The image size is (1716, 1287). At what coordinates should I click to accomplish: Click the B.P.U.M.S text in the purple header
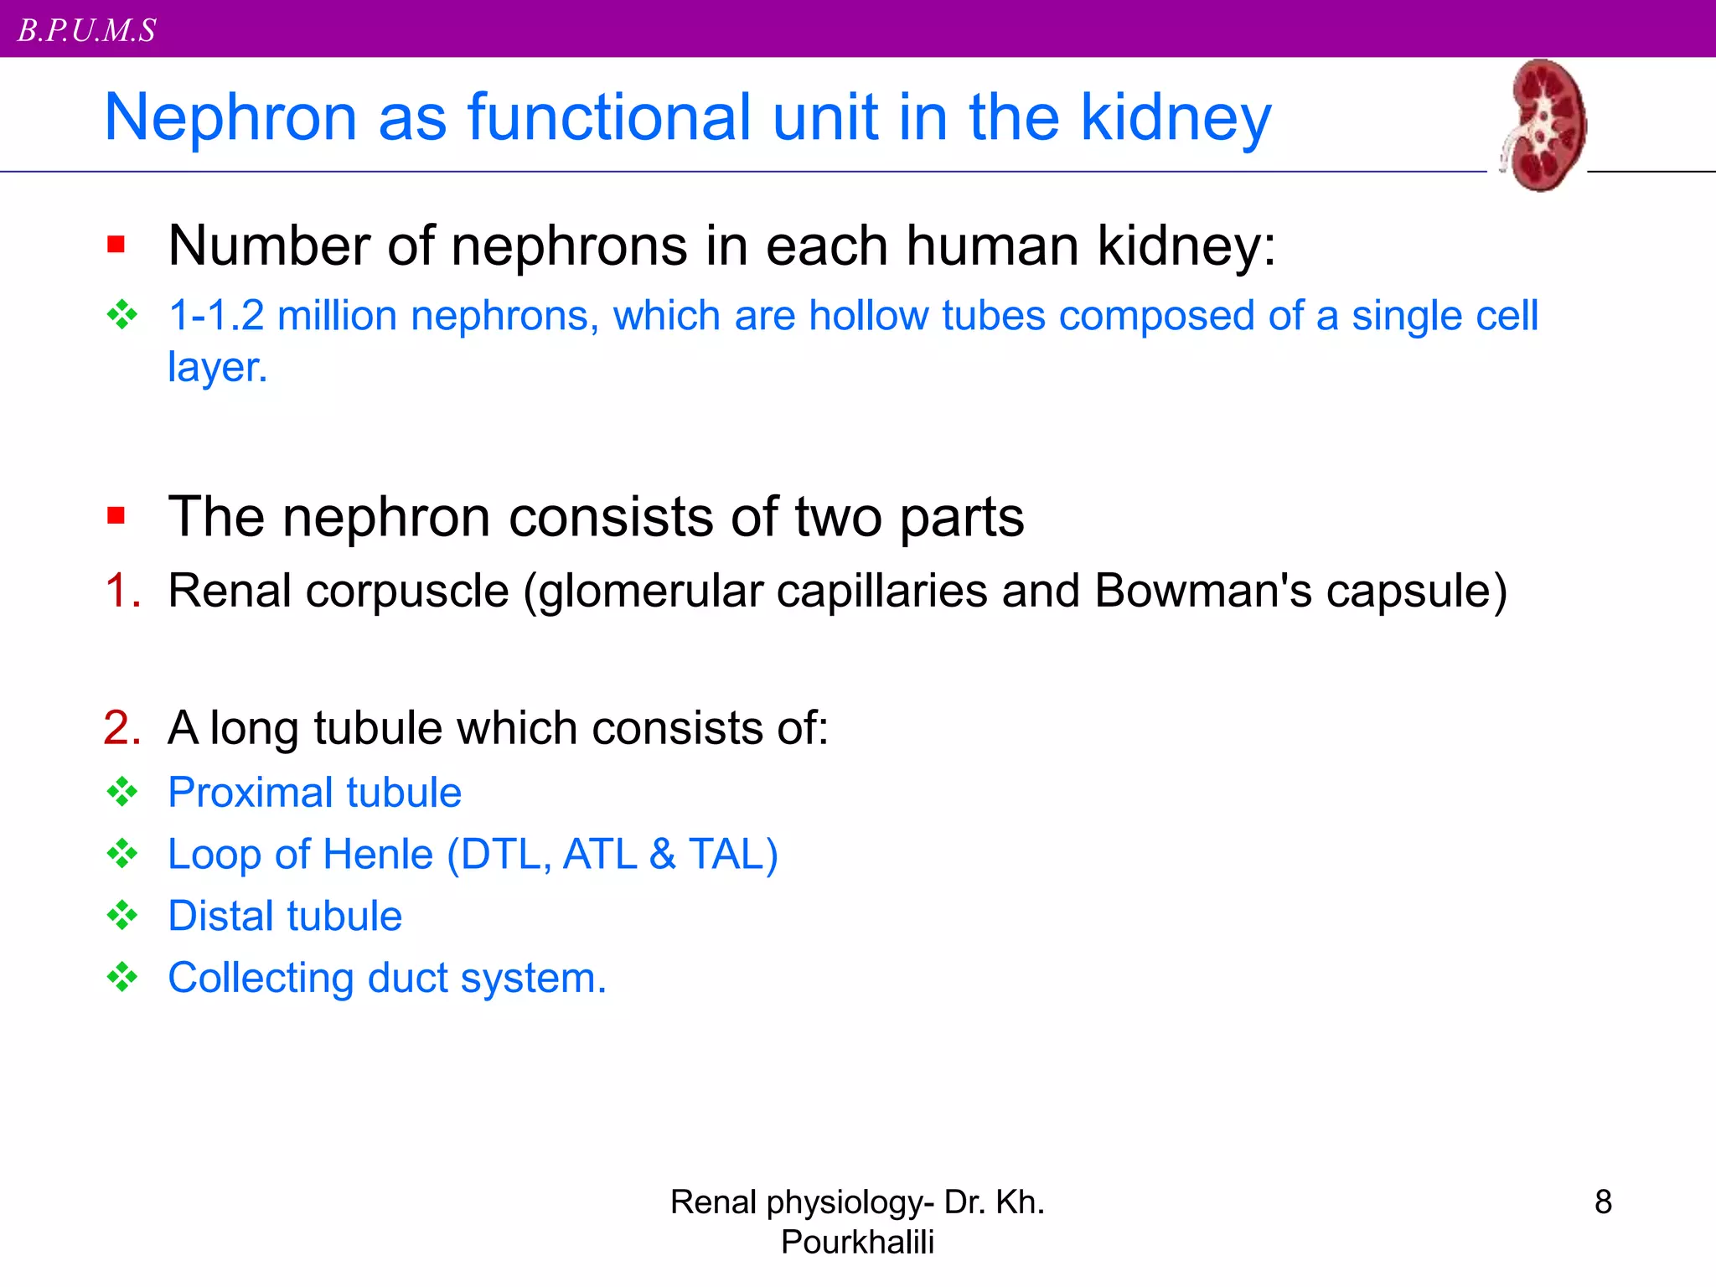[x=87, y=30]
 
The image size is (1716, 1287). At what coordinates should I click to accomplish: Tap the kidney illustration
[x=1544, y=125]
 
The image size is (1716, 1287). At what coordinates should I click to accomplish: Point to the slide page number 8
[x=1603, y=1202]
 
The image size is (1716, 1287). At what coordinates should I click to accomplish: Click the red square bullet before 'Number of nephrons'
[x=116, y=245]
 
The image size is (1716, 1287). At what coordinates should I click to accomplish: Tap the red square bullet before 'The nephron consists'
[x=116, y=514]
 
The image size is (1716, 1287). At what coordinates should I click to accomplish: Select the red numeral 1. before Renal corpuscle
[x=122, y=590]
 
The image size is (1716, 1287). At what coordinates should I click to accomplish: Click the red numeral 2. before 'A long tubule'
[x=122, y=727]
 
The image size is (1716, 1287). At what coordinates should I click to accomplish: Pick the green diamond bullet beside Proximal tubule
[x=122, y=792]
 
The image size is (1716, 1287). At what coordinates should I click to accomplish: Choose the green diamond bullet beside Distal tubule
[x=122, y=915]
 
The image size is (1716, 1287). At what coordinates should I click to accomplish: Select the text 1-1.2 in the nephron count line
[x=216, y=316]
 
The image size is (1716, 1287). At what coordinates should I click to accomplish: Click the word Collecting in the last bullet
[x=261, y=978]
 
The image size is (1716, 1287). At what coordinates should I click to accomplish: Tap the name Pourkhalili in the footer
[x=857, y=1242]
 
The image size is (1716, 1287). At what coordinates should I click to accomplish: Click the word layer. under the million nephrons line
[x=217, y=368]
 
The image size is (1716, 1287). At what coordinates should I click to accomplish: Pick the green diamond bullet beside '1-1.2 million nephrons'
[x=122, y=315]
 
